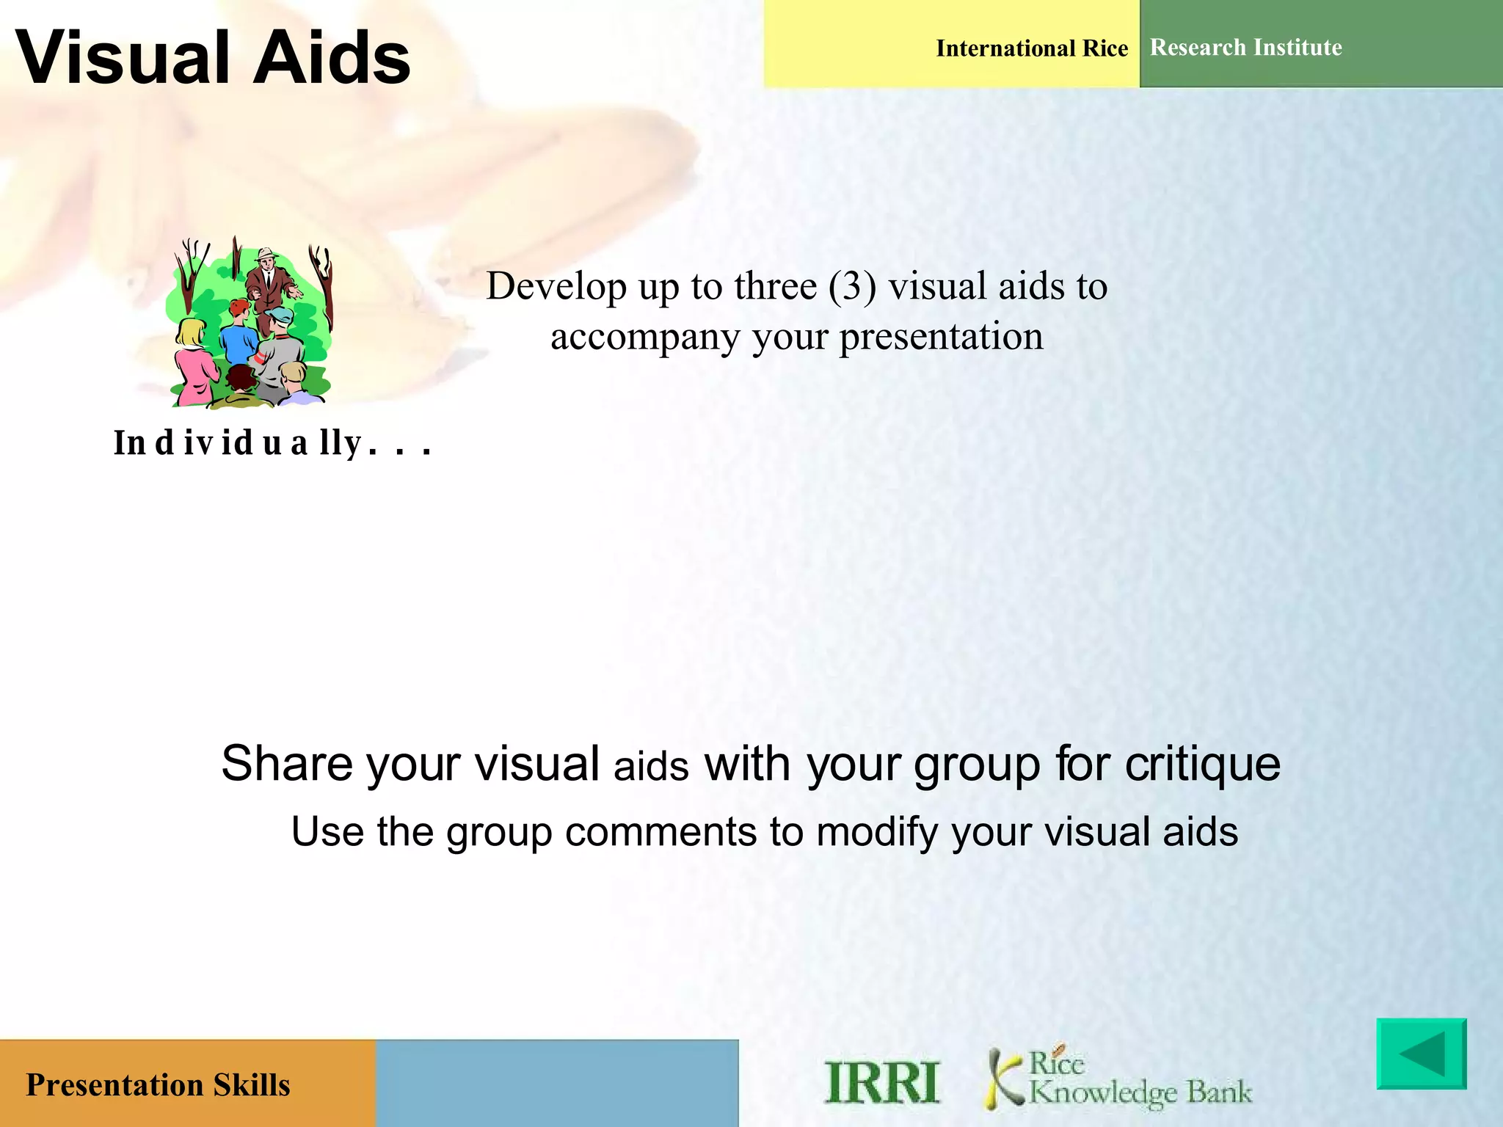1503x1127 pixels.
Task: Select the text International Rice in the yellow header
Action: pyautogui.click(x=1031, y=48)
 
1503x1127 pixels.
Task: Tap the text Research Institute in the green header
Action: pyautogui.click(x=1245, y=47)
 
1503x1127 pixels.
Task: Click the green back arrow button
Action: pyautogui.click(x=1421, y=1054)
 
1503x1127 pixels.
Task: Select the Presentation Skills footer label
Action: pyautogui.click(x=158, y=1084)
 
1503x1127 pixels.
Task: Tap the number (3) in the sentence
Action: pyautogui.click(x=852, y=286)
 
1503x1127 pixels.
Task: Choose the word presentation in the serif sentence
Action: pyautogui.click(x=941, y=338)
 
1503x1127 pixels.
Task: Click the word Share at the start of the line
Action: pyautogui.click(x=287, y=763)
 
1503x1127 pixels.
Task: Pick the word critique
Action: pyautogui.click(x=1202, y=765)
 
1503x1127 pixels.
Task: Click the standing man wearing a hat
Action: pyautogui.click(x=269, y=282)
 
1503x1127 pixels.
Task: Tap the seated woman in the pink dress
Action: pyautogui.click(x=192, y=363)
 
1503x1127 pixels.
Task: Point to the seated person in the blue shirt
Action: pyautogui.click(x=237, y=334)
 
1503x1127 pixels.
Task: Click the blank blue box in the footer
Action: pyautogui.click(x=556, y=1083)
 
